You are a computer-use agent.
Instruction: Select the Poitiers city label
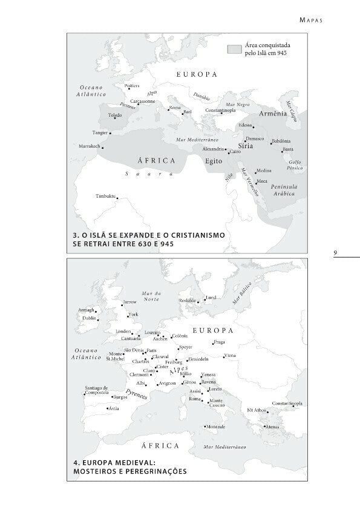[132, 86]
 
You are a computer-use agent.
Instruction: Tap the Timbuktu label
[105, 196]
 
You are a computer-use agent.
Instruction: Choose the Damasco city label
[254, 139]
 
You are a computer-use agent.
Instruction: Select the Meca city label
[262, 181]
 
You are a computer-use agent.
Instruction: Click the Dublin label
[90, 318]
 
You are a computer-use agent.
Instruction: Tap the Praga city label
[219, 342]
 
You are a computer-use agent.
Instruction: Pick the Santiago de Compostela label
[96, 390]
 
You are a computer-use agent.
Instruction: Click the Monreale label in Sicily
[215, 426]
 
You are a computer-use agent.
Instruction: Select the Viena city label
[230, 355]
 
